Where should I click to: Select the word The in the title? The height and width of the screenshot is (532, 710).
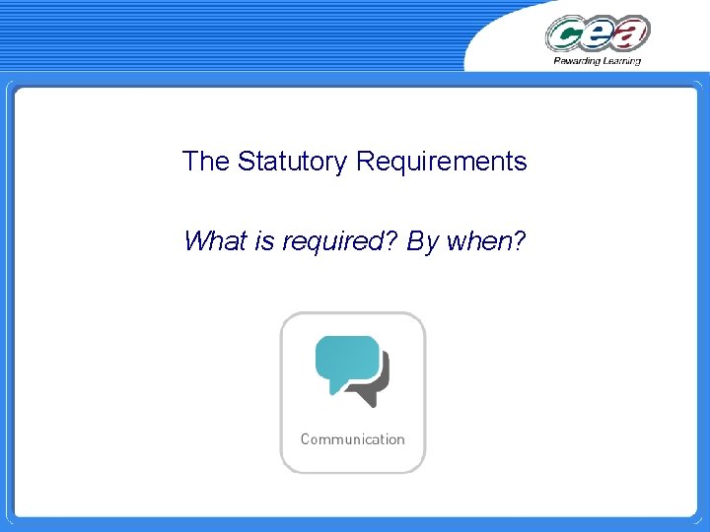[x=205, y=162]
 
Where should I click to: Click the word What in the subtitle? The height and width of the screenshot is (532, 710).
[x=215, y=240]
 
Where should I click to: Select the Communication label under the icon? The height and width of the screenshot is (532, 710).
[x=352, y=439]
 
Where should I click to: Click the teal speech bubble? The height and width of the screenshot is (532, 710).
[x=346, y=360]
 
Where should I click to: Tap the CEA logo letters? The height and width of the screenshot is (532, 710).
[x=598, y=34]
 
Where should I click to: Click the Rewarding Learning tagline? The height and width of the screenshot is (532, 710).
[x=597, y=61]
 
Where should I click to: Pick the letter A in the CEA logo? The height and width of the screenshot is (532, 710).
[x=631, y=34]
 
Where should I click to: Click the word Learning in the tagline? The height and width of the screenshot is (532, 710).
[x=619, y=61]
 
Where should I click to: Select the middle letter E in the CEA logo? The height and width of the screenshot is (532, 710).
[x=599, y=35]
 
